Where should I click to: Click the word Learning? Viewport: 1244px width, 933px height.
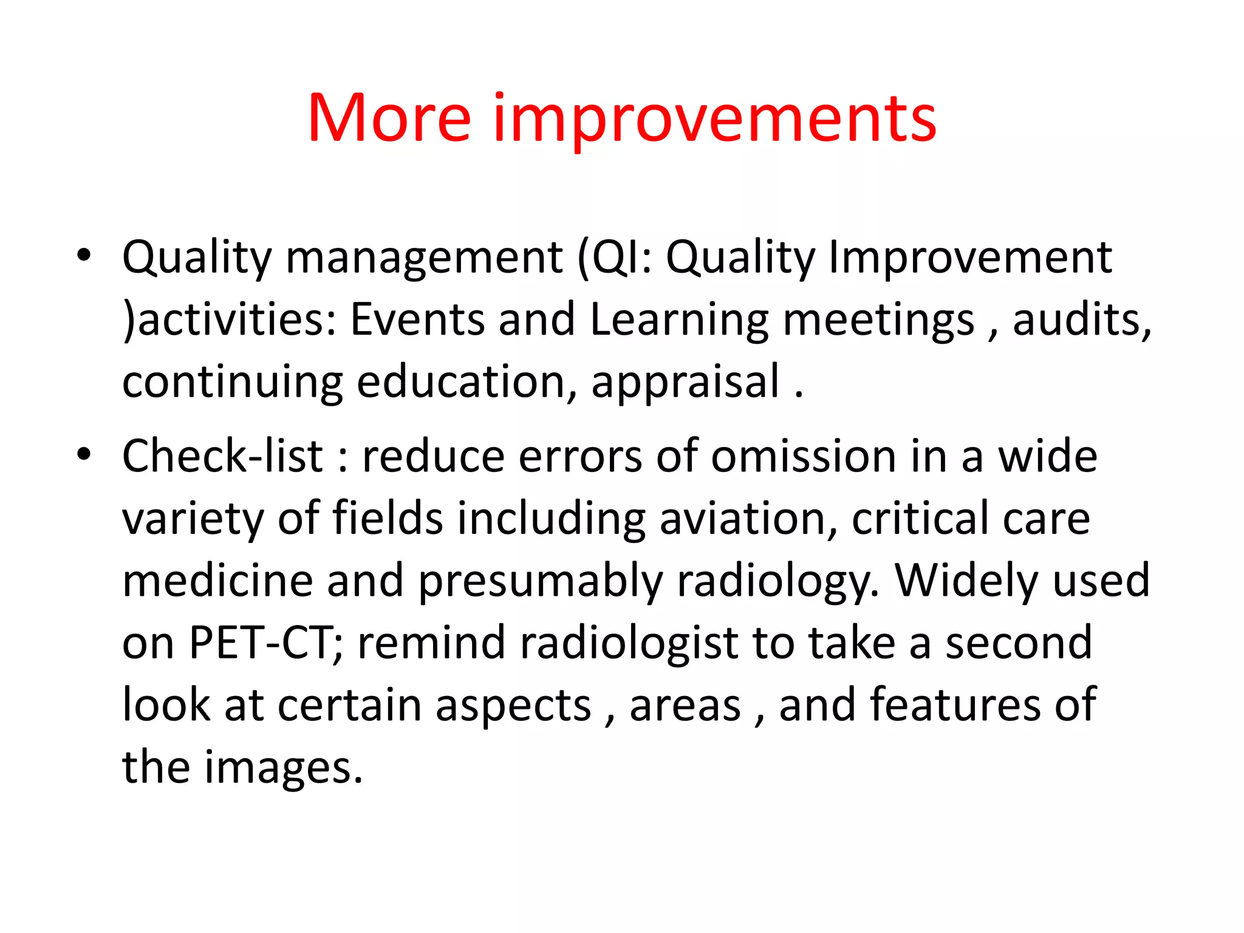678,320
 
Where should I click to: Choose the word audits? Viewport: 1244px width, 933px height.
1082,320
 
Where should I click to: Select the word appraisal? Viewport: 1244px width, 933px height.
685,383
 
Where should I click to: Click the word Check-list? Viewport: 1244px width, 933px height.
222,457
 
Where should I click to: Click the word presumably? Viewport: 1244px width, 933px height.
540,582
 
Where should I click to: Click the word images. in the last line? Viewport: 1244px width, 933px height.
283,769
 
